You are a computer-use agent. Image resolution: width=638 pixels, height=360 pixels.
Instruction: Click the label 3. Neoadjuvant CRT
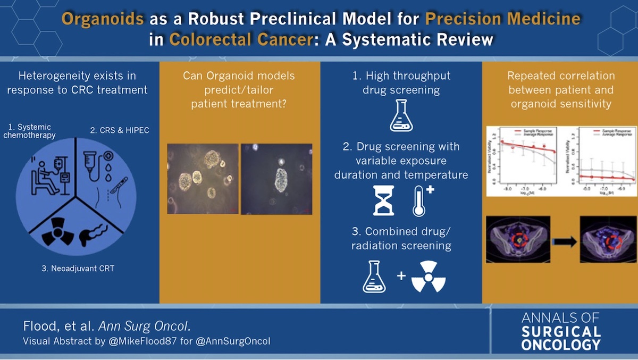tap(78, 269)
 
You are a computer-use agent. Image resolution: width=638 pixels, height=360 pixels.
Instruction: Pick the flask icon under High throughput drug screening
tap(401, 116)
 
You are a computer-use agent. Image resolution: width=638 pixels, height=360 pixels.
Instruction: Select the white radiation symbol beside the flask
tap(428, 277)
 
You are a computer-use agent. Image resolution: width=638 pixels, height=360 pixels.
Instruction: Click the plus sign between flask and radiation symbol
tap(401, 277)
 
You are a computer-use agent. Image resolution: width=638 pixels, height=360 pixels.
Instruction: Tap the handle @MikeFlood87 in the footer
tap(144, 341)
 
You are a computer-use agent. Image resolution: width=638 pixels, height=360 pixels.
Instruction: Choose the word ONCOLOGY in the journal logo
tap(561, 345)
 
